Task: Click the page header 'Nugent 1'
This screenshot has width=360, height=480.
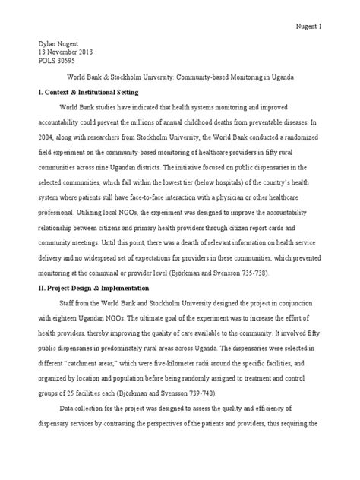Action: [x=308, y=27]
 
